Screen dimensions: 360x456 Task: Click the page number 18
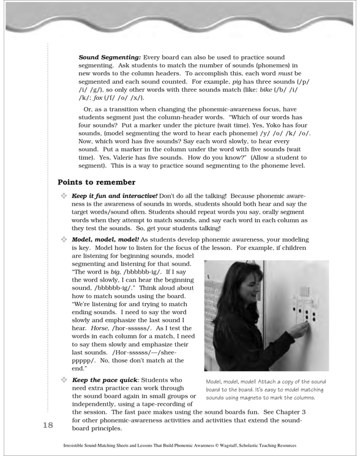pos(48,425)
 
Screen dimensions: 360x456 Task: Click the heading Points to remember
pos(97,182)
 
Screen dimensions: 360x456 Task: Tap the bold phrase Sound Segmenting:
pos(110,58)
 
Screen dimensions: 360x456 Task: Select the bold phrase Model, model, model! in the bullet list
pos(105,240)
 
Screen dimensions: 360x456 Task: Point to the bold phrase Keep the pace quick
pos(105,380)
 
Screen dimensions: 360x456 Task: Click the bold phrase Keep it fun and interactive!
pos(114,196)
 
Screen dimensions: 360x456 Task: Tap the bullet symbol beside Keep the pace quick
pos(64,380)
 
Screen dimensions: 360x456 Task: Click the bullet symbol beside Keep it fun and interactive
pos(64,196)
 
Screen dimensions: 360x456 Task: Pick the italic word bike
pos(266,90)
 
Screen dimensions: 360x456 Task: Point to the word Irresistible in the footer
pos(72,446)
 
